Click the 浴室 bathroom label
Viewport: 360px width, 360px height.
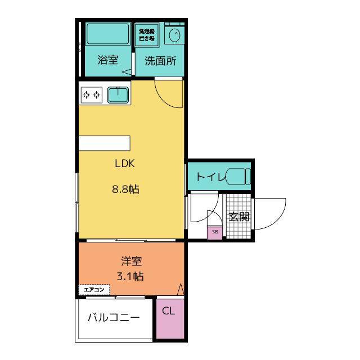107,60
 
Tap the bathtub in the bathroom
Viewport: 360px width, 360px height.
107,34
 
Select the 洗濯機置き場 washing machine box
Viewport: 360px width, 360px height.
147,35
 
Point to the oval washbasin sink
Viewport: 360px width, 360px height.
175,35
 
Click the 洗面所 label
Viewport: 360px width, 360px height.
160,61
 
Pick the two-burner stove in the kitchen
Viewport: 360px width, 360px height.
92,94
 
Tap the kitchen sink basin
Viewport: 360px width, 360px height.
118,95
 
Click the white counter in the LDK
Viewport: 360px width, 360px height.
105,143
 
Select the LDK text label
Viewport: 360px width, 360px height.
125,163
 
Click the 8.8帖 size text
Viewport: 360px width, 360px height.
125,190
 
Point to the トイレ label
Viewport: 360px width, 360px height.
210,177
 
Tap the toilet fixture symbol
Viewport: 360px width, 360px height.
238,176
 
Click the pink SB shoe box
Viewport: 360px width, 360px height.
215,232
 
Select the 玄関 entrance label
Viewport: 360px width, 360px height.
239,217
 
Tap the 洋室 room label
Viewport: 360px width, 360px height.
132,261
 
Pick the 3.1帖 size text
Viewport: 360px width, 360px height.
130,276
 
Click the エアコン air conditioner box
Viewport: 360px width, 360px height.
94,290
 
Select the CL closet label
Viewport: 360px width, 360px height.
168,311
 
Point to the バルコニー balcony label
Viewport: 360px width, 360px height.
114,317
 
